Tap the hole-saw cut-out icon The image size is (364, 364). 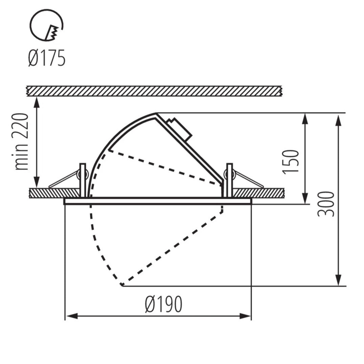[46, 25]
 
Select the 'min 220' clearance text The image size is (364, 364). [22, 141]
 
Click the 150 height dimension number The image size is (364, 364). [290, 162]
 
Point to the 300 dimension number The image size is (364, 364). [325, 204]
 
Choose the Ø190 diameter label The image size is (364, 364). [164, 304]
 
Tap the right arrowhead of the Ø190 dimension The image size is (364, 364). [245, 316]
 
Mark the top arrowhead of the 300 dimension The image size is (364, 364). [339, 120]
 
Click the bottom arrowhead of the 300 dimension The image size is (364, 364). [339, 279]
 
